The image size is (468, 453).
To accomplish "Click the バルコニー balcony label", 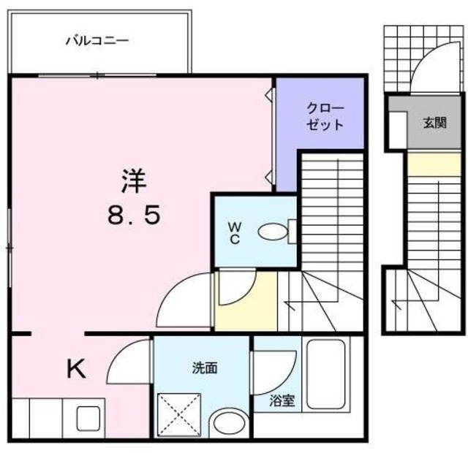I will click(97, 41).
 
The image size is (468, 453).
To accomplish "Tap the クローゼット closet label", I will click(324, 115).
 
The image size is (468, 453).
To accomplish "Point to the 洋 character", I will click(132, 180).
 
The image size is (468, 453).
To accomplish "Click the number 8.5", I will click(132, 215).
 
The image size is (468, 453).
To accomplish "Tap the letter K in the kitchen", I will click(75, 370).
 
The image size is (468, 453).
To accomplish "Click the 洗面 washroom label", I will click(204, 368).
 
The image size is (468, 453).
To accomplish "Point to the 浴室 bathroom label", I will click(282, 400).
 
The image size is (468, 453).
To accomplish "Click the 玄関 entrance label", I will click(434, 123).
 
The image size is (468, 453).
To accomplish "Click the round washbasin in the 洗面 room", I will click(230, 423).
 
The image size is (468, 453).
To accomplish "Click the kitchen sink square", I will click(88, 419).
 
